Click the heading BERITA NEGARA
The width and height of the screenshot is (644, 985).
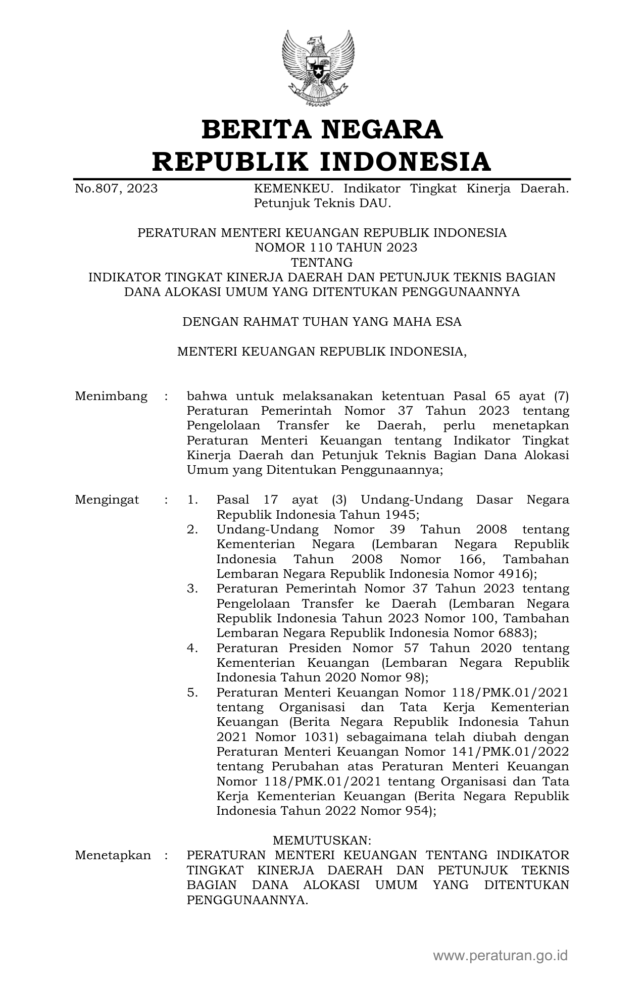click(x=322, y=129)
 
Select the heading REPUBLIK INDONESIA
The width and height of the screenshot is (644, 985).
click(x=322, y=162)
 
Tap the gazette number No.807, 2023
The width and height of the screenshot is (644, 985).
click(x=116, y=189)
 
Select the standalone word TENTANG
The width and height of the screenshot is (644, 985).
click(x=322, y=263)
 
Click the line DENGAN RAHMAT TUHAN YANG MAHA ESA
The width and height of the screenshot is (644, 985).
click(x=322, y=322)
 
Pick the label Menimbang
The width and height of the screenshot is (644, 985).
click(x=111, y=396)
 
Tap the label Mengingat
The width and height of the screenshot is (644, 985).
click(x=107, y=500)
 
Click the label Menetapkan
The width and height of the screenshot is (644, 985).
click(x=113, y=855)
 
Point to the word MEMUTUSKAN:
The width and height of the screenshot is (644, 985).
click(x=322, y=841)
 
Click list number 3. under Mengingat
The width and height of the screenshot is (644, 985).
click(x=192, y=589)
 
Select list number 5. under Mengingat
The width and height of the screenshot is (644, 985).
click(x=192, y=693)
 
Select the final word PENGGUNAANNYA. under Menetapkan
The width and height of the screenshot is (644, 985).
click(x=247, y=900)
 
